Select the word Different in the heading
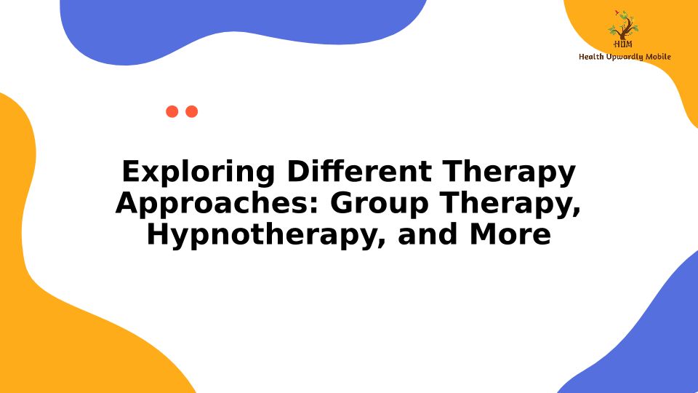coord(358,171)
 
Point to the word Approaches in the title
coord(217,204)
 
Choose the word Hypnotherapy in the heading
coord(266,235)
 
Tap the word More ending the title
coord(510,234)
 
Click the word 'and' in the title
coord(428,234)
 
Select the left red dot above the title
coord(172,111)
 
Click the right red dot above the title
coord(191,111)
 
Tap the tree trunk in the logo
coord(624,31)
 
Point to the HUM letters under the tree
coord(623,44)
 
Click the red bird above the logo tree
coord(617,12)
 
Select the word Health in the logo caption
coord(591,57)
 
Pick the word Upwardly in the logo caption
coord(625,57)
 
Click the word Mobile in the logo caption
coord(659,57)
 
